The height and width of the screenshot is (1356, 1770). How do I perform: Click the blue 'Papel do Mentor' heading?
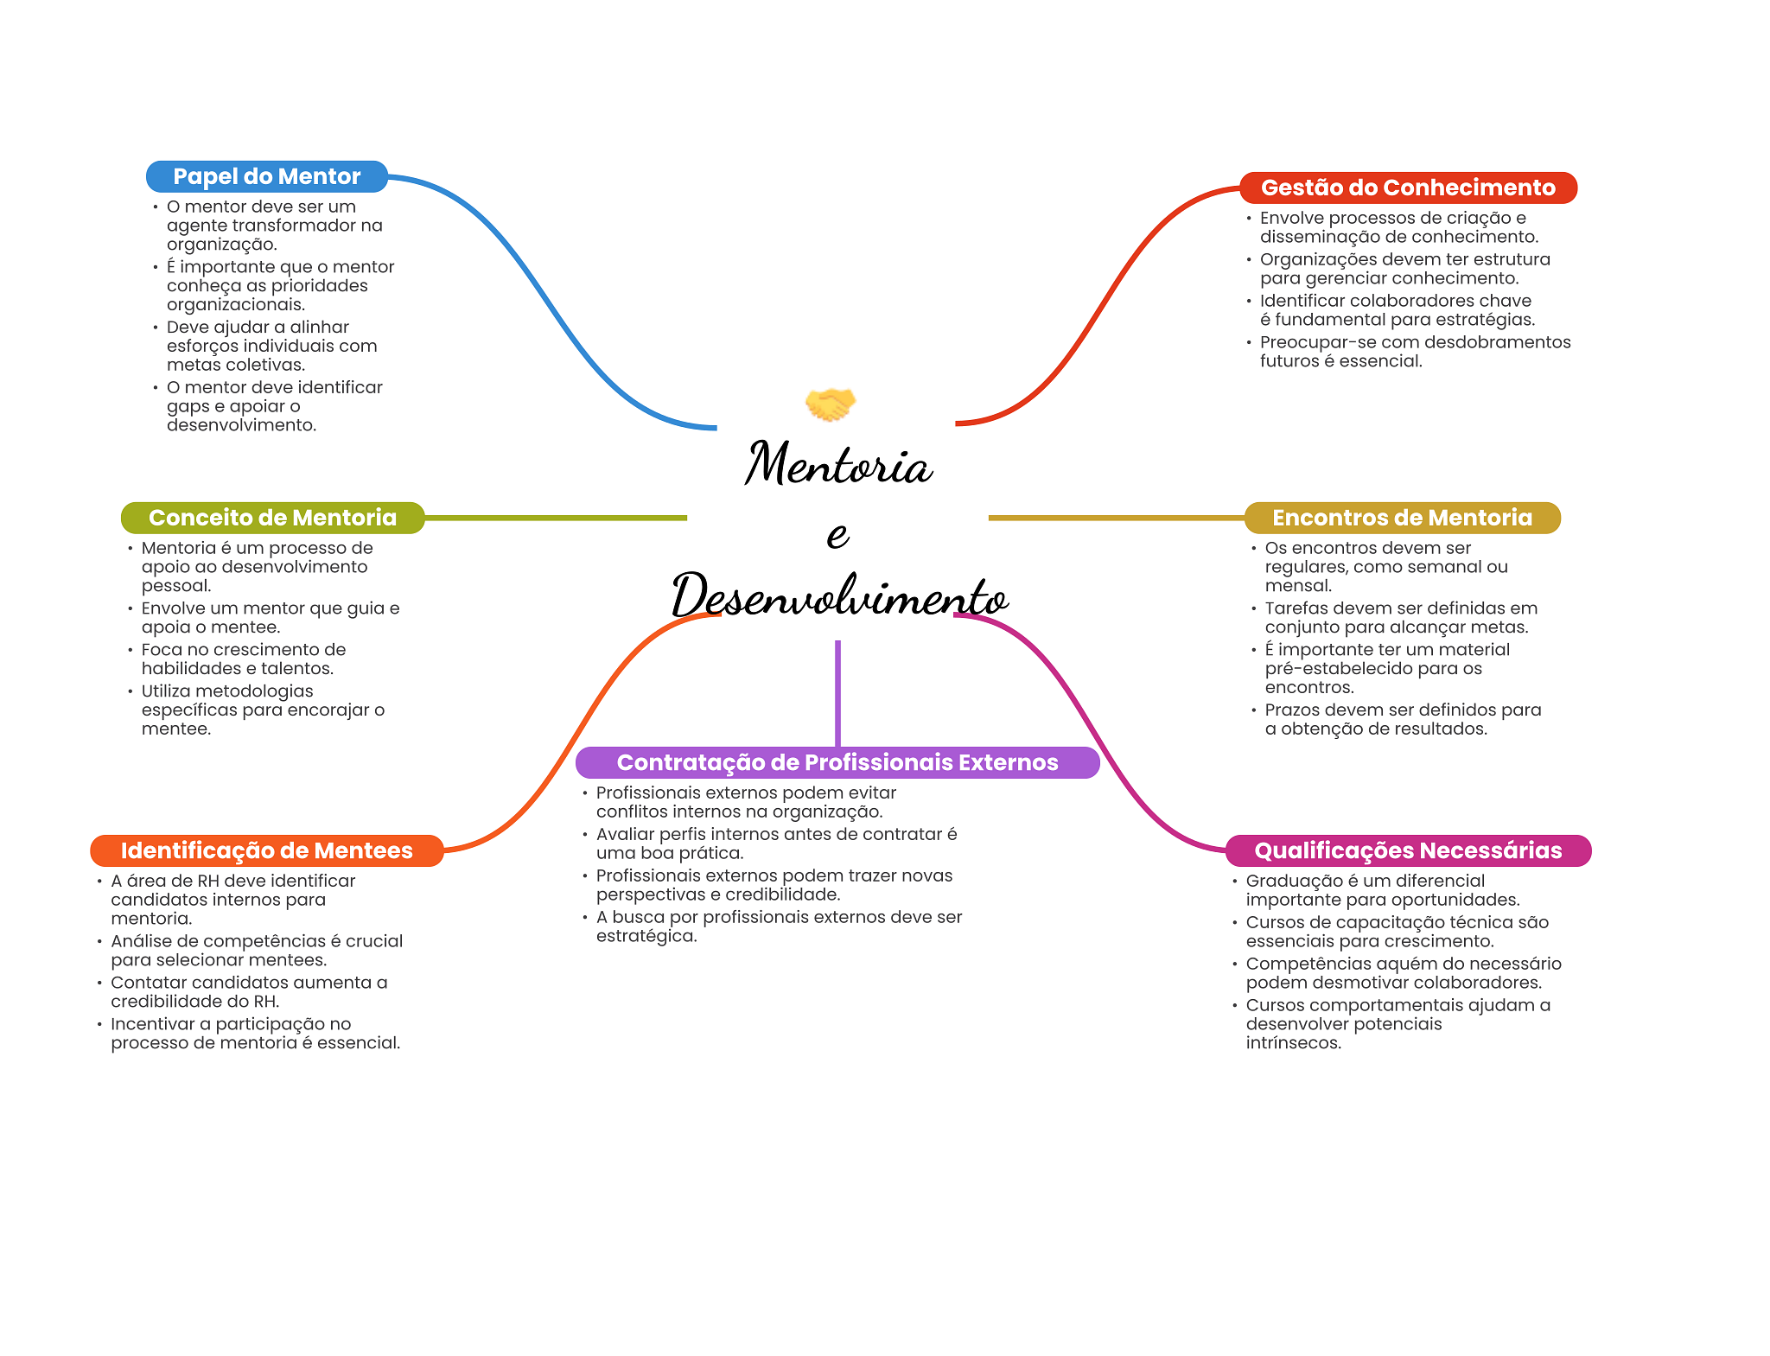267,176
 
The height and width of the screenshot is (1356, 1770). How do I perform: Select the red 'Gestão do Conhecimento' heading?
1408,188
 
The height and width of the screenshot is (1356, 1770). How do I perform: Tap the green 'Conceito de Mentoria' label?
272,518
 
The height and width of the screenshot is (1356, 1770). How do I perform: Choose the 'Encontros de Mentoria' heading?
1402,518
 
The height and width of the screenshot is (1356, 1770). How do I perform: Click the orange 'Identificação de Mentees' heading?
267,850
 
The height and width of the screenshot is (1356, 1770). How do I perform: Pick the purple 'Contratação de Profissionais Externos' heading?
837,762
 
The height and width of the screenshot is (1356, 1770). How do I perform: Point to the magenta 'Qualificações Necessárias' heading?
1408,850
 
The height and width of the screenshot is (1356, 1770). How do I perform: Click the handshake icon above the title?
830,404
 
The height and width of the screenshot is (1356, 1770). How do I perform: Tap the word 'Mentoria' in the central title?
838,464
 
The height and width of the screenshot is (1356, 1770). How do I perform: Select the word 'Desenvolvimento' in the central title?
840,595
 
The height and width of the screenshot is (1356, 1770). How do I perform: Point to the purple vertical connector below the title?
837,693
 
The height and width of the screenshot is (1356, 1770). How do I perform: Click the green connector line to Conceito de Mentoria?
556,518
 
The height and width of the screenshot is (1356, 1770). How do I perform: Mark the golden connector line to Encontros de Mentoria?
1117,518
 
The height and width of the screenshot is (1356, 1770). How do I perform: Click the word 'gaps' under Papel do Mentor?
188,407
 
